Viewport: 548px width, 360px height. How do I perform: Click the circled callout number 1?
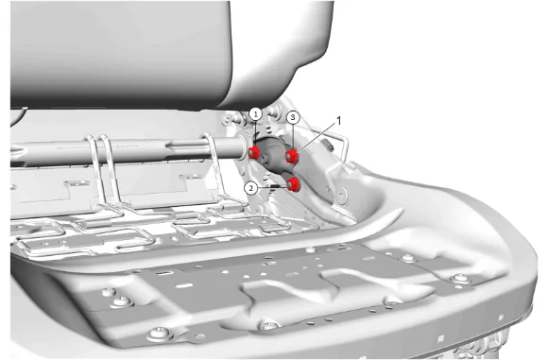coord(256,114)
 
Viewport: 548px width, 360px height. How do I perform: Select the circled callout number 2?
coord(251,188)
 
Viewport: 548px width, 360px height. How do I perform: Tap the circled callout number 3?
coord(293,118)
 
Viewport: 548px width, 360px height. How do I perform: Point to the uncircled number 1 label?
coord(338,121)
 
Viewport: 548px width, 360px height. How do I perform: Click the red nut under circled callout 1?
coord(254,152)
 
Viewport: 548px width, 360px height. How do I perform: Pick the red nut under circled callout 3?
coord(291,157)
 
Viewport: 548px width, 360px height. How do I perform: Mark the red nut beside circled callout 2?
coord(293,184)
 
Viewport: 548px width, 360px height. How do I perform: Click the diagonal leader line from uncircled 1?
coord(316,138)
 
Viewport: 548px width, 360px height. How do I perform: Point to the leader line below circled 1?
coord(255,133)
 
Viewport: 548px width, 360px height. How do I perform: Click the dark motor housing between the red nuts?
coord(273,157)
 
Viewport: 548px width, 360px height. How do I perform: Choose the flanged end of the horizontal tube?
coord(242,147)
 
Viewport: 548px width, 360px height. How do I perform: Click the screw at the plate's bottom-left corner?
coord(159,333)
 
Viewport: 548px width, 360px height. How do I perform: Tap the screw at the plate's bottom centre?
coord(268,326)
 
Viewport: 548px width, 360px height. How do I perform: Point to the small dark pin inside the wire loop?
coord(327,146)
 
